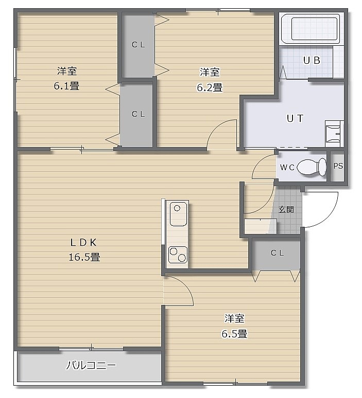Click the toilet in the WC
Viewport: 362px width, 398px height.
coord(312,167)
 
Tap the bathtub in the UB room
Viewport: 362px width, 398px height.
coord(312,29)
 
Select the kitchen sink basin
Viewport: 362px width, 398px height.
coord(178,214)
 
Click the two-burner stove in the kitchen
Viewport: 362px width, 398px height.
coord(178,255)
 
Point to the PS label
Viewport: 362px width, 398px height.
coord(338,166)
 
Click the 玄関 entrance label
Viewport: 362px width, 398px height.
coord(286,209)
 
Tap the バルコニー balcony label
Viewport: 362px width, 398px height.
coord(91,365)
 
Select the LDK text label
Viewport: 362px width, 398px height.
coord(83,243)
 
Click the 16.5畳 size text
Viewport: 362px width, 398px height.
coord(84,257)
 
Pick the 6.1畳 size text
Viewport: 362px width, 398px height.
coord(66,86)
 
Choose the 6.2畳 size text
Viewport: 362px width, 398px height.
coord(210,87)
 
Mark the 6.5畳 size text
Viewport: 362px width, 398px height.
coord(234,334)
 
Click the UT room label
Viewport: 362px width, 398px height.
coord(295,118)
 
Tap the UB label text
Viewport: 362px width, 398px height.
coord(312,60)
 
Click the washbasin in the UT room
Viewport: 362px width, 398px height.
coord(333,133)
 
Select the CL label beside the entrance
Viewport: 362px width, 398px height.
coord(277,253)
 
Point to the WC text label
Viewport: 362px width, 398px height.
coord(287,167)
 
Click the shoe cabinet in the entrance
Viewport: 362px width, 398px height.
coord(261,226)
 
